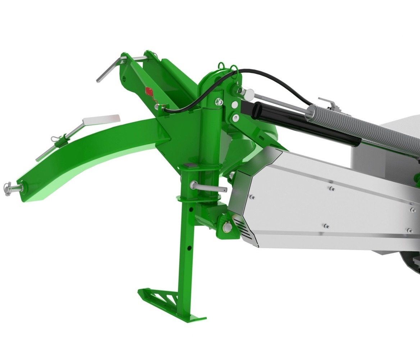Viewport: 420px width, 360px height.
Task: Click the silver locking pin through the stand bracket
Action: tap(209, 187)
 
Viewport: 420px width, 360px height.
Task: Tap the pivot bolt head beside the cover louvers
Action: tap(227, 228)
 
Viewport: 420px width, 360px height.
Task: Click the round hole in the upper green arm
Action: tap(124, 77)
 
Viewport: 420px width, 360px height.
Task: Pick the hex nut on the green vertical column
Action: tap(219, 103)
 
